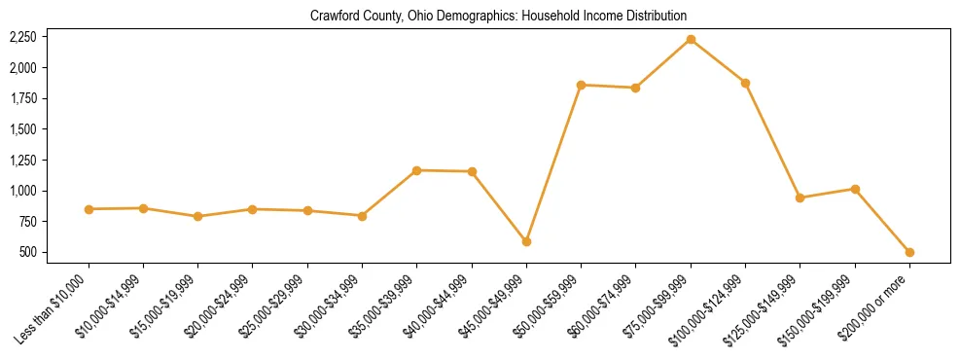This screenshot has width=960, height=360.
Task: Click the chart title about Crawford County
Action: coord(498,17)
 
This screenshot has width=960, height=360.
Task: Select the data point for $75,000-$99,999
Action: coord(691,39)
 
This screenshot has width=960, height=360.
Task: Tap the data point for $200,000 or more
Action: coord(909,252)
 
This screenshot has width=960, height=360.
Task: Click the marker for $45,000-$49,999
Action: coord(526,241)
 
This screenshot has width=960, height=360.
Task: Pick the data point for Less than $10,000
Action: coord(89,209)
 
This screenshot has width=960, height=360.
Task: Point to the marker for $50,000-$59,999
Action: coord(581,85)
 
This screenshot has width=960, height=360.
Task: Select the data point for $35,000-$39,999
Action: coord(416,170)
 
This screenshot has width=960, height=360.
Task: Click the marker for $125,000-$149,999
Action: coord(800,198)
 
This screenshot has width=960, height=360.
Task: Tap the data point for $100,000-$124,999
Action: coord(745,83)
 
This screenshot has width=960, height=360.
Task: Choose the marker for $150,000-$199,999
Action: coord(855,189)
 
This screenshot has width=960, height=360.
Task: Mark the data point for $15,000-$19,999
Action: coord(197,216)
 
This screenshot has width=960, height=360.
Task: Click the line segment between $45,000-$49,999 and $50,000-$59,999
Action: coord(553,163)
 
